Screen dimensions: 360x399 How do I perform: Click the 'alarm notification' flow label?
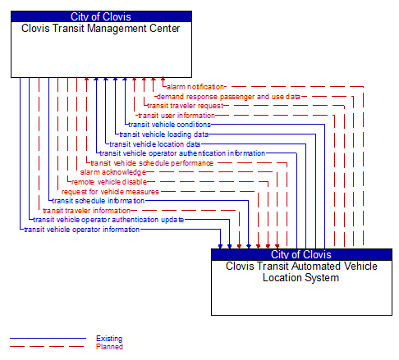coord(195,86)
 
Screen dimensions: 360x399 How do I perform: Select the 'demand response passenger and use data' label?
coord(227,96)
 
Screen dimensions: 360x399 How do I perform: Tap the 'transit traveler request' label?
coord(184,106)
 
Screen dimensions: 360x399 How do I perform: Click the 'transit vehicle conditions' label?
coord(169,125)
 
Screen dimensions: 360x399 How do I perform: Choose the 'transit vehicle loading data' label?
coord(163,134)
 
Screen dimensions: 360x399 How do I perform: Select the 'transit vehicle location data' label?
coord(154,144)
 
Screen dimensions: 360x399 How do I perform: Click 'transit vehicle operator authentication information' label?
coord(182,153)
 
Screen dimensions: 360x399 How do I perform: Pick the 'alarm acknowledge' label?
coord(112,172)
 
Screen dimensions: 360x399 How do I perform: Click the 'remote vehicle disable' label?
coord(108,182)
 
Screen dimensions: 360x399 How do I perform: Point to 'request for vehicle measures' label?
coord(110,191)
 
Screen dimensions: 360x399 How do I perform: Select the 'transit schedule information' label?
coord(98,200)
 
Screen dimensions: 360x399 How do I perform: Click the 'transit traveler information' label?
coord(86,211)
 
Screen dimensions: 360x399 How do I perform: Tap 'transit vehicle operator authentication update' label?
coord(108,220)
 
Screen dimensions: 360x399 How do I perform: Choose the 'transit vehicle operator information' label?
coord(81,230)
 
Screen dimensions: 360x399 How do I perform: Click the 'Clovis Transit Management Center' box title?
coord(101,29)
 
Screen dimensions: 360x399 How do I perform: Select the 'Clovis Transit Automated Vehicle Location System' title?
coord(301,271)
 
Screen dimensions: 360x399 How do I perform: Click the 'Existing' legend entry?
coord(109,339)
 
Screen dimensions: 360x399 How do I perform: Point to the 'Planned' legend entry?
coord(109,347)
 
